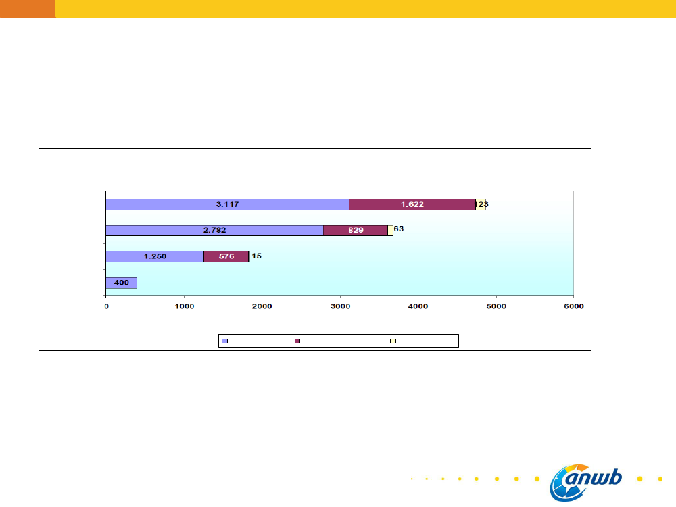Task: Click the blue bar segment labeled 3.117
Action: (227, 204)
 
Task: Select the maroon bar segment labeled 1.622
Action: (412, 204)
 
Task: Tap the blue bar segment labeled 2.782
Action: (214, 230)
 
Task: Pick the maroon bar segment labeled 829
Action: (356, 230)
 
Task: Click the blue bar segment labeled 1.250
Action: (155, 256)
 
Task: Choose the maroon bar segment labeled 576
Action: (226, 256)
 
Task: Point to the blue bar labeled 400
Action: (122, 283)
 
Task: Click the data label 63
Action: (399, 229)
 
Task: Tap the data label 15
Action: (257, 256)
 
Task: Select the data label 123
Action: (481, 204)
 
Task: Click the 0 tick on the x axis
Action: (106, 306)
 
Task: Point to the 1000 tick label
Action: (184, 306)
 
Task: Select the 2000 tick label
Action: (262, 306)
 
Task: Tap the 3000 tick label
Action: (340, 306)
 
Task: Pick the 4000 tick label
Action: (418, 306)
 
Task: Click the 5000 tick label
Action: (496, 306)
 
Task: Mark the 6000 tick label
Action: (574, 306)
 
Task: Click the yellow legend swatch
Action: (393, 341)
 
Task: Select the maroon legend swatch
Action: (297, 341)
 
